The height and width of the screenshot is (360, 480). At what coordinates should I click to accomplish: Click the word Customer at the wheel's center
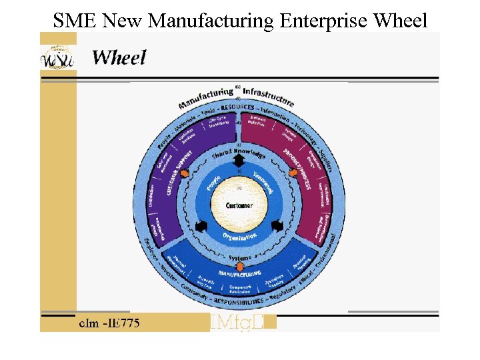coord(239,205)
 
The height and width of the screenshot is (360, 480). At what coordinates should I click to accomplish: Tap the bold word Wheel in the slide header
coord(119,57)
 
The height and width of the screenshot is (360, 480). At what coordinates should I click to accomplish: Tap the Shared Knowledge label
coord(239,155)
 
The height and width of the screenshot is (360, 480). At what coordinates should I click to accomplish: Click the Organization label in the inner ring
coord(239,235)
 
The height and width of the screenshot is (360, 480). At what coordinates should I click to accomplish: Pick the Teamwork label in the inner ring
coord(263,181)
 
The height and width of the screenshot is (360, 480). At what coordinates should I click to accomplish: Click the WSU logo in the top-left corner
coord(57,59)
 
